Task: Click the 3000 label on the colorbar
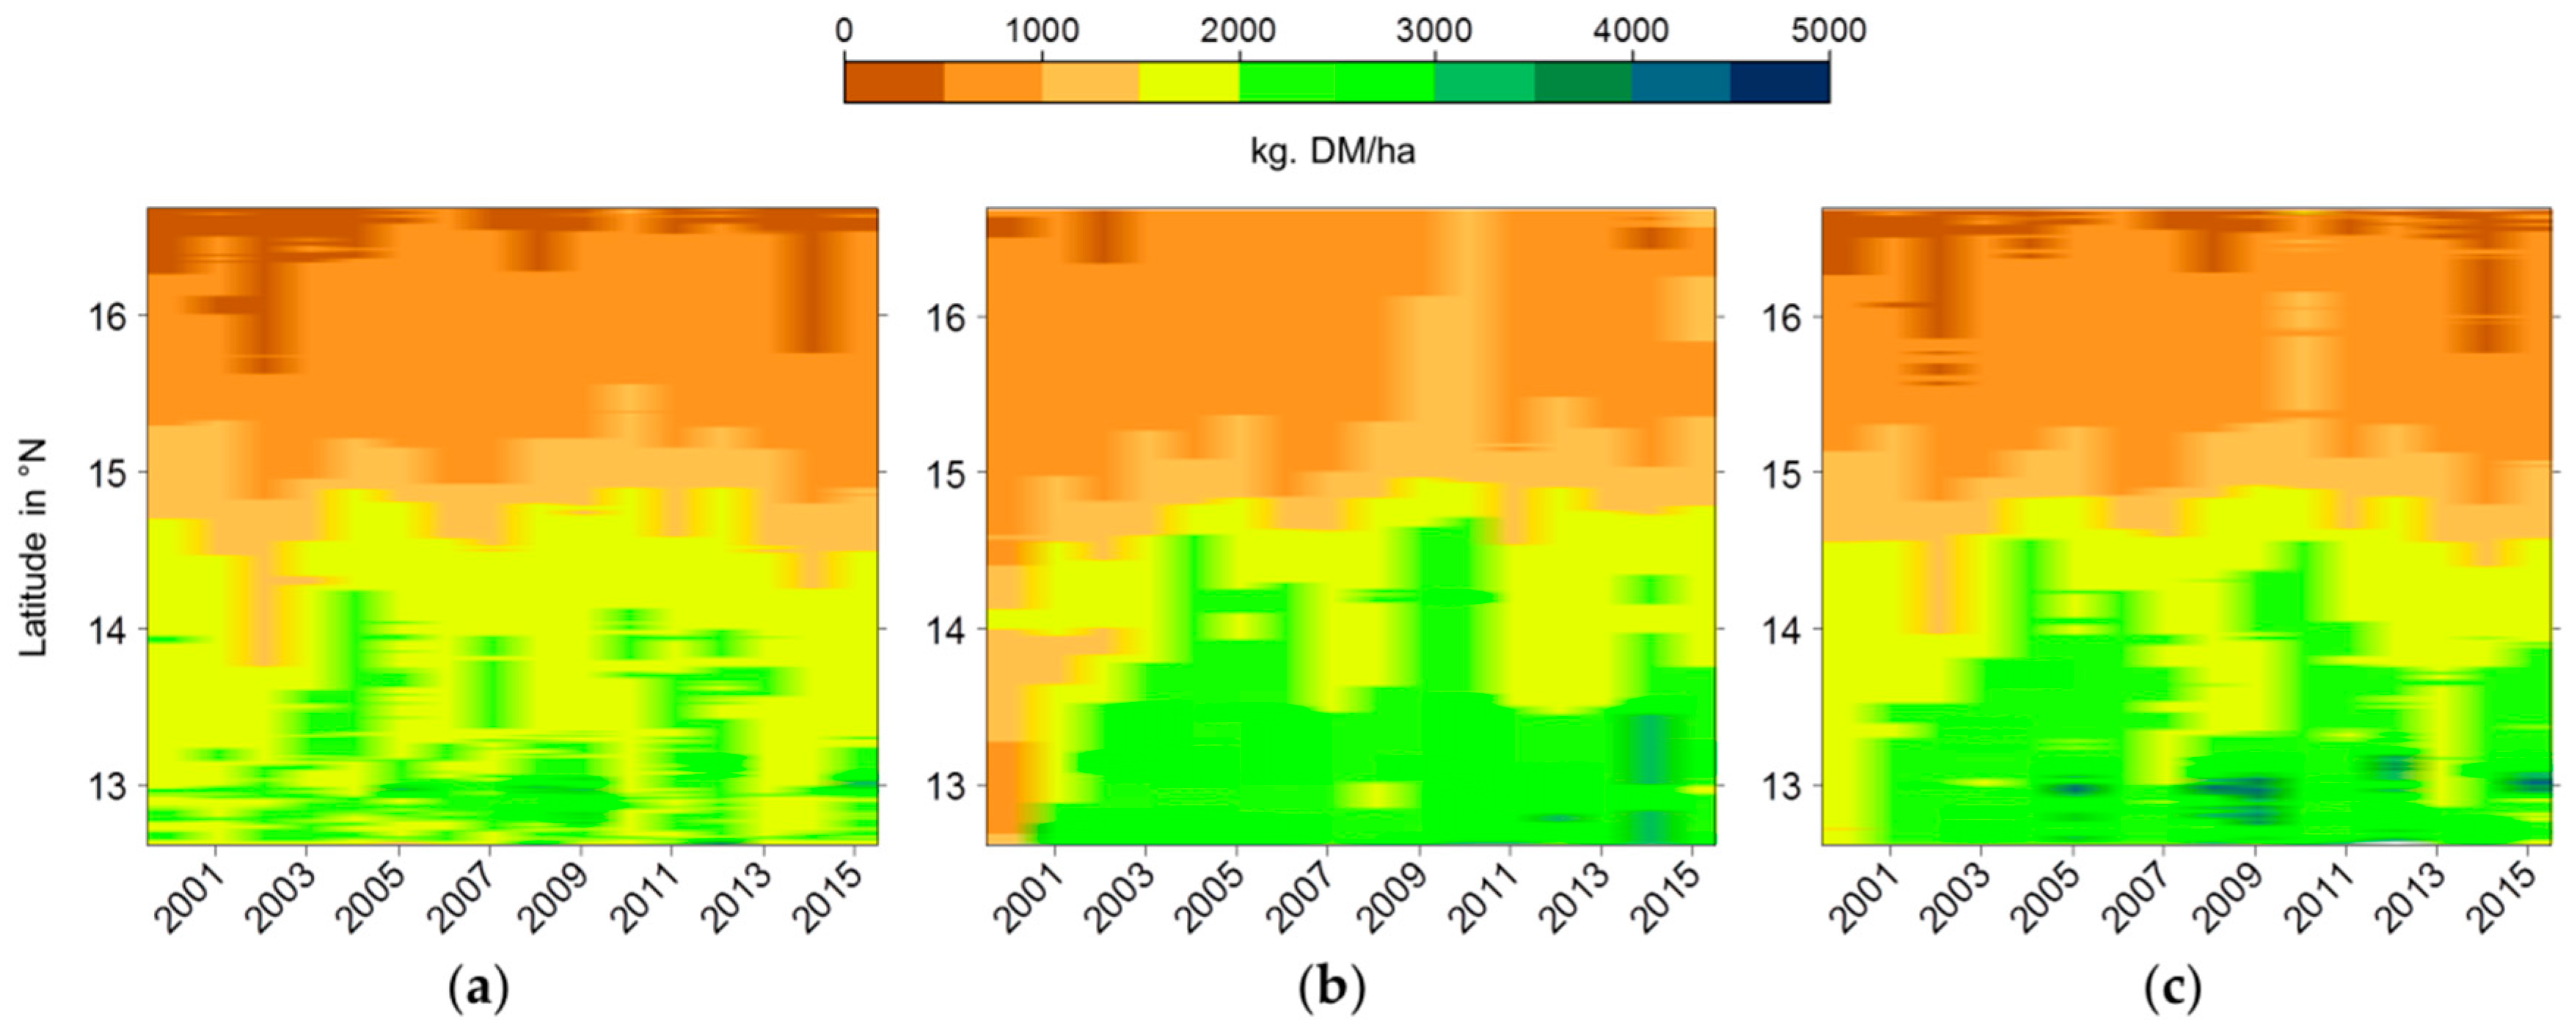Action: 1434,31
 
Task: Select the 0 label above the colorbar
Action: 844,31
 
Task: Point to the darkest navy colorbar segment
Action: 1779,81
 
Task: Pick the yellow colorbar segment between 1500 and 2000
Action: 1188,81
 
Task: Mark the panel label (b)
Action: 1331,989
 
